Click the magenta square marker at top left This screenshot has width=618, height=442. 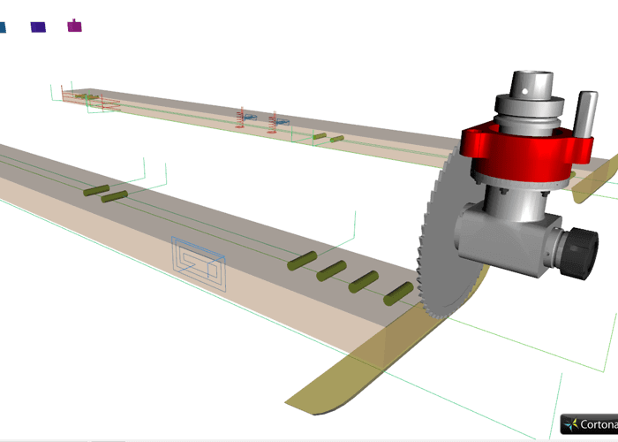pyautogui.click(x=75, y=26)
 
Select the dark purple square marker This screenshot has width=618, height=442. pyautogui.click(x=38, y=27)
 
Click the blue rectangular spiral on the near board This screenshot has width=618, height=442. pyautogui.click(x=198, y=263)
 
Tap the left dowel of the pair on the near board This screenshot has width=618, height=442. pyautogui.click(x=95, y=190)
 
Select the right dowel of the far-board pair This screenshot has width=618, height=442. pyautogui.click(x=336, y=139)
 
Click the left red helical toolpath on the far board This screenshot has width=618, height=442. pyautogui.click(x=243, y=118)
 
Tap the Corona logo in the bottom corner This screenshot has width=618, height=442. pyautogui.click(x=589, y=425)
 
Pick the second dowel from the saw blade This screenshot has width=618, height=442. pyautogui.click(x=364, y=282)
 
